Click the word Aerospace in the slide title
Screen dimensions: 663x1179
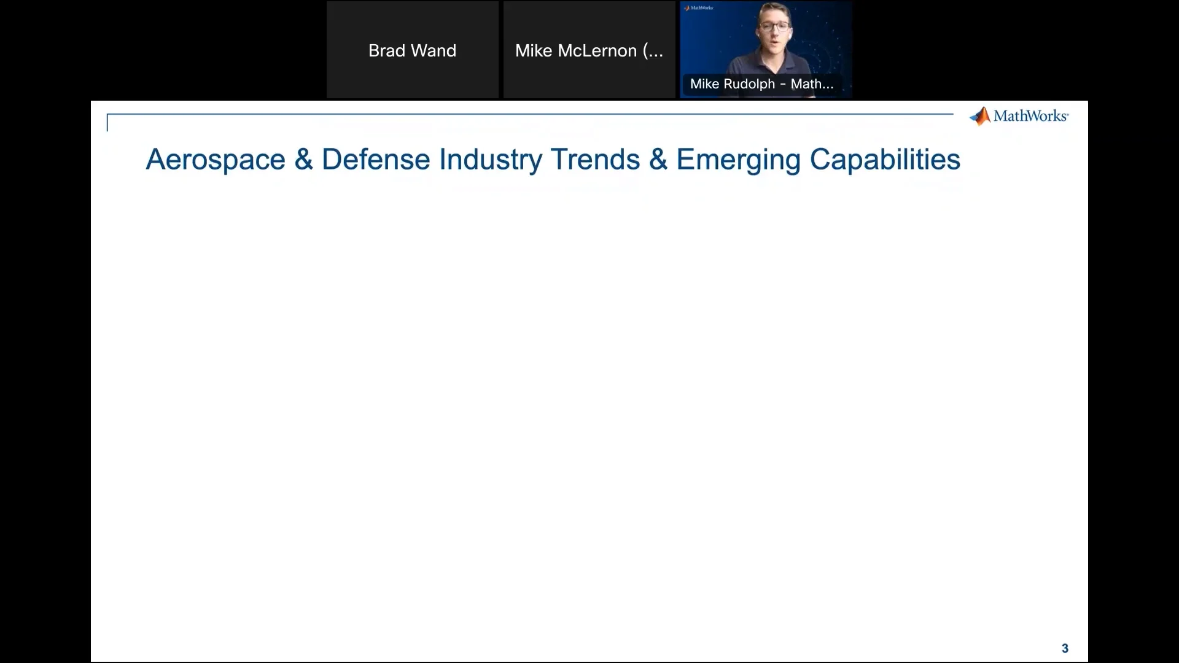tap(216, 160)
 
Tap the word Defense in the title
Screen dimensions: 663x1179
tap(376, 160)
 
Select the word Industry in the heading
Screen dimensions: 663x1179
tap(491, 160)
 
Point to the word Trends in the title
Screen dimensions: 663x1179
tap(595, 160)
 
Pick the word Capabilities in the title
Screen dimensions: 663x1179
tap(885, 160)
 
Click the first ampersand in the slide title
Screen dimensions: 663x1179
tap(303, 160)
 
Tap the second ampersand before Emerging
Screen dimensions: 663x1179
tap(658, 160)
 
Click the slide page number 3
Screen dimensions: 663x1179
tap(1065, 648)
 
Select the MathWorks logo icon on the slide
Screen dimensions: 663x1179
tap(980, 116)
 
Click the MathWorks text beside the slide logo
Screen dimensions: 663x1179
tap(1030, 116)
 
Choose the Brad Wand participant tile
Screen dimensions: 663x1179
tap(412, 50)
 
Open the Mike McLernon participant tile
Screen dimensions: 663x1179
tap(589, 50)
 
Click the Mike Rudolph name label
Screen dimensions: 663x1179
tap(761, 84)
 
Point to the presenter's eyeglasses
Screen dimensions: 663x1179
tap(774, 27)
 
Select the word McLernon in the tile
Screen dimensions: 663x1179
tap(597, 50)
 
